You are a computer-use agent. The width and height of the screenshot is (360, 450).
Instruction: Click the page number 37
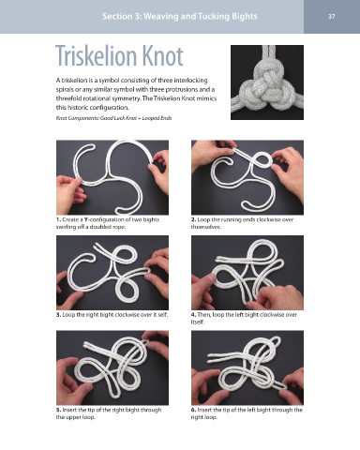tap(332, 16)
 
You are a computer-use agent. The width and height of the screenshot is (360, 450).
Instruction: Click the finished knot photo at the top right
tap(267, 82)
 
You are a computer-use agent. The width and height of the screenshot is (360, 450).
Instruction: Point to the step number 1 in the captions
tap(58, 219)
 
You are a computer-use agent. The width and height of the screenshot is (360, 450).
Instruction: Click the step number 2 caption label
tap(193, 219)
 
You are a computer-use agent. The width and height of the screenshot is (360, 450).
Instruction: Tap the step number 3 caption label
tap(58, 315)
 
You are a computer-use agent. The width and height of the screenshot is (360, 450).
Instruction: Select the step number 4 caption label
tap(193, 315)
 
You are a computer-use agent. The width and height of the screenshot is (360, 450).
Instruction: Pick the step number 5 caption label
tap(58, 410)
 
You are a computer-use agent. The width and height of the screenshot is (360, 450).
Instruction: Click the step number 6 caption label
tap(193, 410)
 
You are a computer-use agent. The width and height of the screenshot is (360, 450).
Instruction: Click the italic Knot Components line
tap(113, 118)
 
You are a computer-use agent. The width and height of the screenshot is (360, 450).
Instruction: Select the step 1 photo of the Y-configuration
tap(112, 177)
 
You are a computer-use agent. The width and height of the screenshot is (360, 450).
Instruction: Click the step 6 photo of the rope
tap(247, 367)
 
